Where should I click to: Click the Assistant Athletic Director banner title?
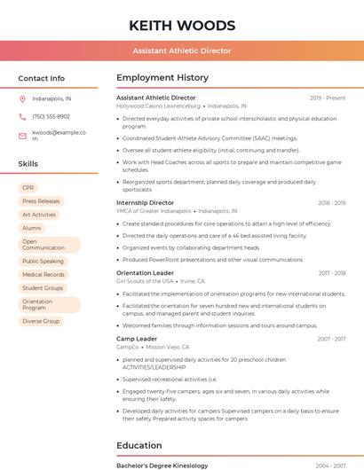click(x=181, y=51)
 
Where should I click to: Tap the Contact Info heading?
click(x=41, y=78)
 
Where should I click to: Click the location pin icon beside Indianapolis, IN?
click(x=22, y=98)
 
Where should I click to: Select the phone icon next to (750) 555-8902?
click(x=22, y=116)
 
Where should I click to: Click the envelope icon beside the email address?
click(x=22, y=136)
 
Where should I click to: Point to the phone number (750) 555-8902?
click(x=51, y=116)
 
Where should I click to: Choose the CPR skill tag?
click(x=28, y=188)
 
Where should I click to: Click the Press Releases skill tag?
click(x=41, y=201)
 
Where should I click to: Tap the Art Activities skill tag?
click(x=39, y=215)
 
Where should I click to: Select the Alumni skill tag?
click(x=32, y=228)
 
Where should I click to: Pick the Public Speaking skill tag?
click(x=43, y=262)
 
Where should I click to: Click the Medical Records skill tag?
click(x=44, y=275)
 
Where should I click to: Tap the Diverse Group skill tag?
click(x=41, y=321)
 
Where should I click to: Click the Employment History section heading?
click(x=162, y=78)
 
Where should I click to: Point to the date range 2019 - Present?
click(x=328, y=98)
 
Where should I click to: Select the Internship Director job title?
click(x=145, y=203)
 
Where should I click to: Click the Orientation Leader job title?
click(x=145, y=273)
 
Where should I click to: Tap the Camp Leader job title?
click(x=137, y=339)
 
